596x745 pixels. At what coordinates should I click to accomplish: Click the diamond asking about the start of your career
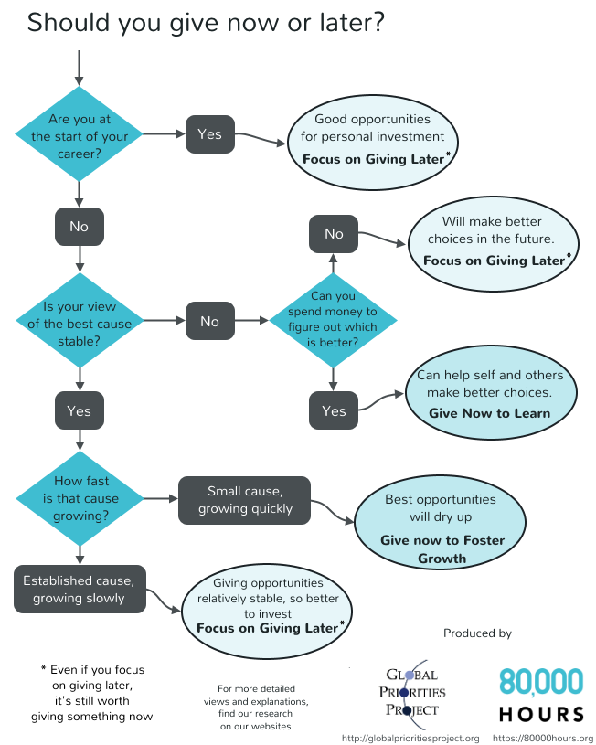[80, 133]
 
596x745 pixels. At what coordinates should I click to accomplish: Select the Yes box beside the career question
[209, 133]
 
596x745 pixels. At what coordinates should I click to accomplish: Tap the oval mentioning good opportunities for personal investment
[373, 138]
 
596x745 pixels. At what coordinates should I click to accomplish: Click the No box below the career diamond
[80, 225]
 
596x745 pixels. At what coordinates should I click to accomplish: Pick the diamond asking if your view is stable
[80, 320]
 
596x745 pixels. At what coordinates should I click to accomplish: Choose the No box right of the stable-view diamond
[209, 321]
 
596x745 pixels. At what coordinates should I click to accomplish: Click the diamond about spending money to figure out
[333, 320]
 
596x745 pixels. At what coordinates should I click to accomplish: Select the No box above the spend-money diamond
[334, 234]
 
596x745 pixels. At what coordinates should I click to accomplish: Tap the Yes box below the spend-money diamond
[334, 410]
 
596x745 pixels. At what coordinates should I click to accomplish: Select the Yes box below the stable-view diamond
[80, 410]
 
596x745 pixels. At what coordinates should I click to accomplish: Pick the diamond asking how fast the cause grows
[80, 499]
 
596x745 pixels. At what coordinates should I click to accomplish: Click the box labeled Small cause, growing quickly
[244, 499]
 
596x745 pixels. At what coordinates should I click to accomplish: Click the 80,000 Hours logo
[541, 694]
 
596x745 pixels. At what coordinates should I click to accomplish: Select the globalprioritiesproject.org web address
[410, 738]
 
